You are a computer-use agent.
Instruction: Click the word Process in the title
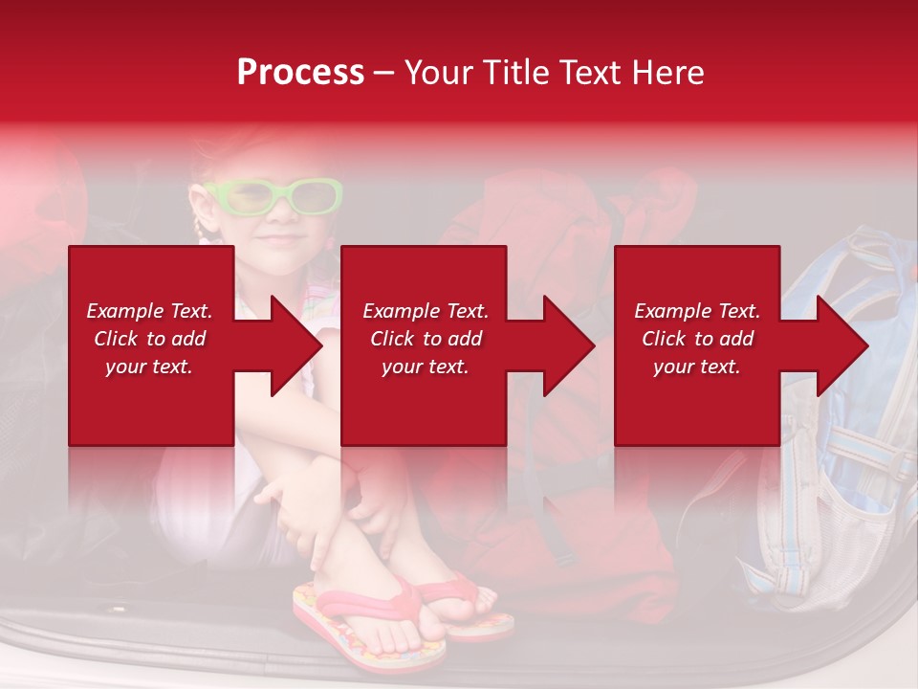coord(300,73)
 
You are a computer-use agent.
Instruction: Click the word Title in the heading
coord(507,73)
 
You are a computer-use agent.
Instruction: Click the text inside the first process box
coord(149,339)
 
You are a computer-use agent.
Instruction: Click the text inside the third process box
coord(697,339)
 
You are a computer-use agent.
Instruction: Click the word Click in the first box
coord(117,339)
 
